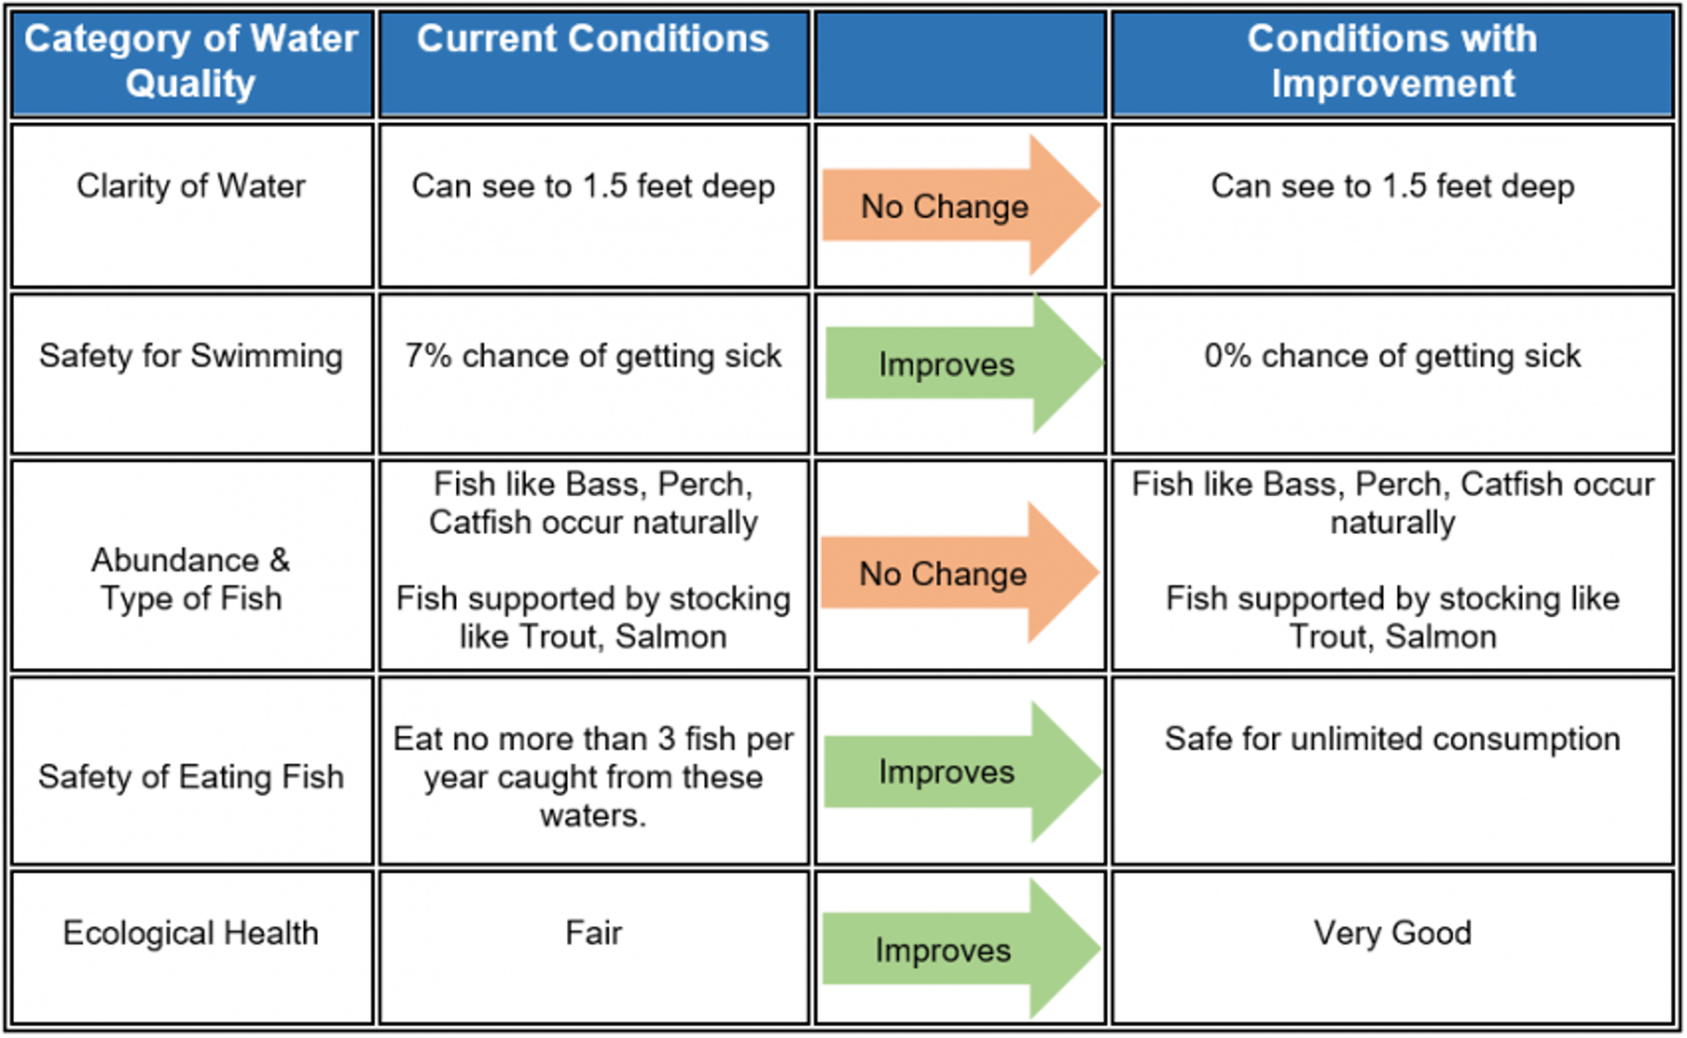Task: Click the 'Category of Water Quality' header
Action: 192,61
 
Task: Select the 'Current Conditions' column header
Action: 593,39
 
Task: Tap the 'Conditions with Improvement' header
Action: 1392,61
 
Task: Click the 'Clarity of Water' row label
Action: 192,186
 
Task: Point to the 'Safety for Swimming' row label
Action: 192,356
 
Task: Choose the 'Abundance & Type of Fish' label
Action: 192,579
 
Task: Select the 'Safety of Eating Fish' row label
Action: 192,777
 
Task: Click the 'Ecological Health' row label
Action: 192,933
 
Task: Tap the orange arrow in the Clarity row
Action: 960,205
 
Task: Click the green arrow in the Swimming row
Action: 963,363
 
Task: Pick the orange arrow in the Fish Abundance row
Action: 958,573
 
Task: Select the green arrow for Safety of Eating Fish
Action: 961,772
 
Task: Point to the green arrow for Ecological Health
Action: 960,950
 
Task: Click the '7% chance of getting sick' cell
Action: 593,356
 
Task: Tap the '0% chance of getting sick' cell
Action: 1392,356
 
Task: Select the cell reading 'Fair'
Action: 593,933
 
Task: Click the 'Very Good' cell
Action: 1392,933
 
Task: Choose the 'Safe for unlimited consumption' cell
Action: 1392,739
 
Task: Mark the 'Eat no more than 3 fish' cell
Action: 593,777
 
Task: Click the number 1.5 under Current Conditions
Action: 604,186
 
